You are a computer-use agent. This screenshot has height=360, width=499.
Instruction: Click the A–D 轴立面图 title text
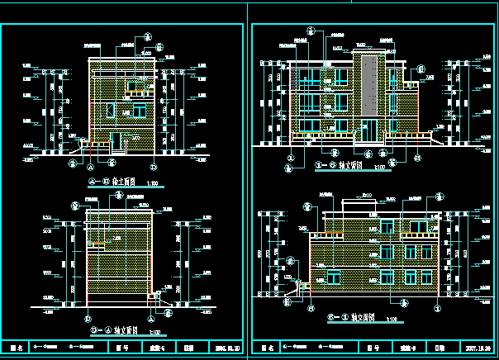click(x=108, y=181)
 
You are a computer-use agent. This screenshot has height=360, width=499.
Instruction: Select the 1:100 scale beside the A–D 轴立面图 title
click(x=151, y=182)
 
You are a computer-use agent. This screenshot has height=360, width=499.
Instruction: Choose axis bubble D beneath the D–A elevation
click(x=88, y=316)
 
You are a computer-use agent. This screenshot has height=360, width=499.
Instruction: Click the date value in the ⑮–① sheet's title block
click(x=479, y=348)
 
